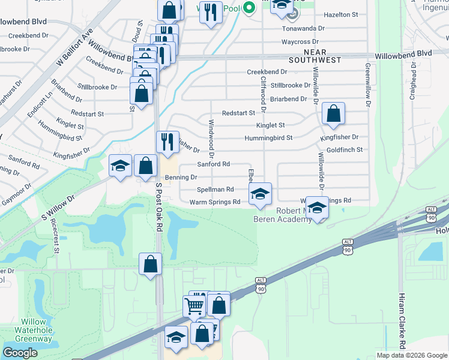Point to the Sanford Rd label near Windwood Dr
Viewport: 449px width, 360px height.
tap(214, 164)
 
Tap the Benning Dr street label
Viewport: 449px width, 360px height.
tap(181, 178)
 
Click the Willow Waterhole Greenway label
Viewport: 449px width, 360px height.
tap(34, 329)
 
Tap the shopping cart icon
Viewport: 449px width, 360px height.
tap(195, 306)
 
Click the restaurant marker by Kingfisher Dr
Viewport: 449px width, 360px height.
tap(167, 142)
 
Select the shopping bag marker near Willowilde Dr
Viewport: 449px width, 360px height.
tap(333, 113)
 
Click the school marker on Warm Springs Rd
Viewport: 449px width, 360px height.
tap(260, 194)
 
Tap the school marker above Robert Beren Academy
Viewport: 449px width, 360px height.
tap(316, 208)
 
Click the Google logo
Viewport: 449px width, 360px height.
tap(20, 353)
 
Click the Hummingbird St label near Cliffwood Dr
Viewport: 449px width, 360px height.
tap(268, 138)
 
